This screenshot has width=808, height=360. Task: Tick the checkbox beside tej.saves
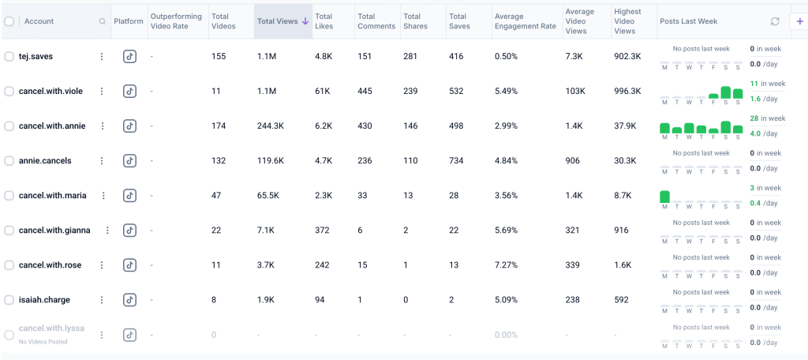(x=9, y=57)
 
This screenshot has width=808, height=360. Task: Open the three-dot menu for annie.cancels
(x=102, y=161)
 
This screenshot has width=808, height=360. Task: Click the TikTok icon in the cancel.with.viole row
(x=129, y=92)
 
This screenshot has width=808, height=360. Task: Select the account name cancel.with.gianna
(x=54, y=231)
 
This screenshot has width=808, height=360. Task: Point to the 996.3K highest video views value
(x=627, y=92)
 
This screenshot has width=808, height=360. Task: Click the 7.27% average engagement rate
(x=506, y=265)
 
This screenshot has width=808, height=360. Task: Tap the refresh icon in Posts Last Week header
(x=775, y=21)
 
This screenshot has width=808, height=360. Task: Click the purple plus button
(x=799, y=21)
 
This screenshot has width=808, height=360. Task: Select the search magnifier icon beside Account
(x=103, y=21)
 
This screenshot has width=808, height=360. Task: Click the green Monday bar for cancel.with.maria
(x=664, y=197)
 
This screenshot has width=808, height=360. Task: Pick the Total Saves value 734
(x=457, y=161)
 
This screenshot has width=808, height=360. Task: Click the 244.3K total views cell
(x=271, y=126)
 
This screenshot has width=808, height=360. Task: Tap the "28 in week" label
(x=767, y=118)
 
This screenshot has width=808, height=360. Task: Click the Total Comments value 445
(x=365, y=92)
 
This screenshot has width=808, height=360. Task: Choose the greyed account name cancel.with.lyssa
(x=51, y=328)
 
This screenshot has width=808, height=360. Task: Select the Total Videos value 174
(x=219, y=126)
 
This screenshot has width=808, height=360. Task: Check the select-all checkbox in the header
(x=9, y=21)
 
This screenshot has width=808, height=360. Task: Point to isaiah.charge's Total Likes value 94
(x=321, y=300)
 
